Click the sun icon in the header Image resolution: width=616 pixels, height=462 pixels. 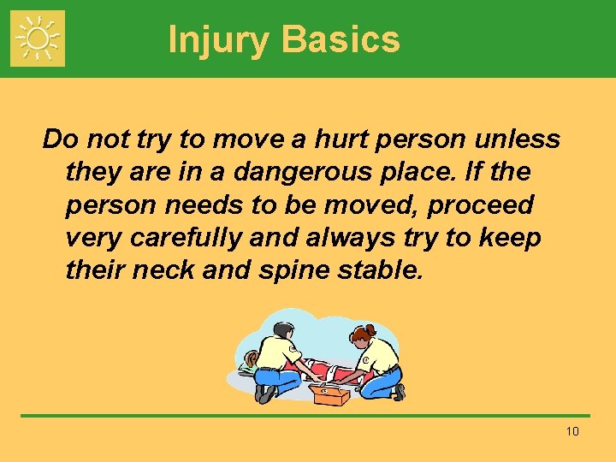pos(38,38)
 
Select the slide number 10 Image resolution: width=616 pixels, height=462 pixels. pos(572,431)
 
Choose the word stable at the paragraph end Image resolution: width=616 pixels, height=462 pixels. pos(381,271)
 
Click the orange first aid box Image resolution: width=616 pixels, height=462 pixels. pos(329,394)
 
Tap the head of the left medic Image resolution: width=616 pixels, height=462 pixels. pos(283,329)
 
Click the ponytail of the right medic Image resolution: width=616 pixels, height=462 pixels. pos(372,329)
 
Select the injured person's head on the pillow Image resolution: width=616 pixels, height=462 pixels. pos(251,358)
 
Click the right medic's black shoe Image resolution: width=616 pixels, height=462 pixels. pos(400,391)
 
